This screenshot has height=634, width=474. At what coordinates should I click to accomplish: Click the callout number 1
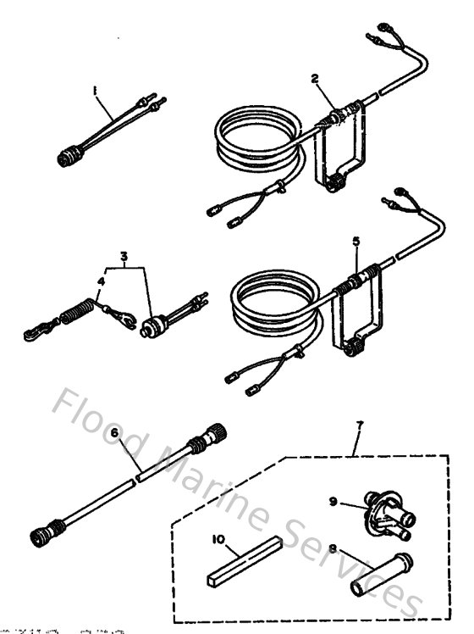(x=96, y=88)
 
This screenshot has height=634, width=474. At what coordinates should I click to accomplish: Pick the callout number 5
(x=356, y=241)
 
